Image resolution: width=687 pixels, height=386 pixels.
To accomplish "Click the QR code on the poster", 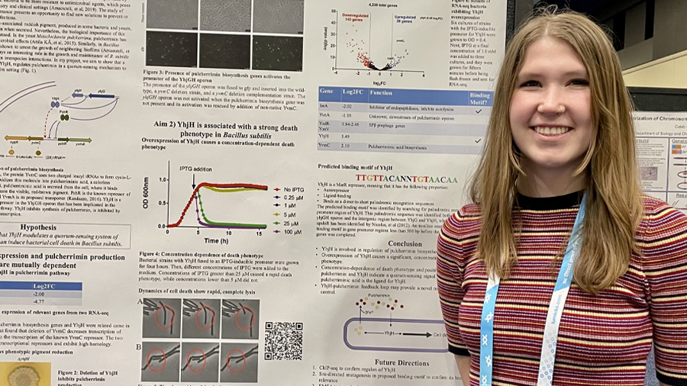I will pos(283,341).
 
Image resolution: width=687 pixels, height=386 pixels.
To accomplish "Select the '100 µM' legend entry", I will pos(291,231).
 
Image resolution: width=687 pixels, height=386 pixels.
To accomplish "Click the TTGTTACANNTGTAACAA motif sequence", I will pos(407,179).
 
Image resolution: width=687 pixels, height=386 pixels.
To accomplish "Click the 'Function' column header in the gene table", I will pos(382,93).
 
